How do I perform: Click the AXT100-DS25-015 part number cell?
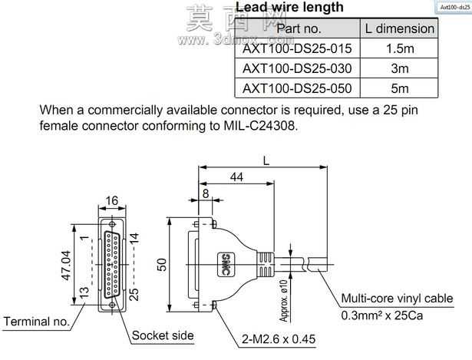click(x=297, y=48)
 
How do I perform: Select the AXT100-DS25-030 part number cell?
click(x=297, y=68)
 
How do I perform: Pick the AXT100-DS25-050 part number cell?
click(x=297, y=88)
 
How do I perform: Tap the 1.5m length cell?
click(x=400, y=48)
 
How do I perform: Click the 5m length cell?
click(x=400, y=88)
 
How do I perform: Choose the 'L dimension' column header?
click(x=399, y=28)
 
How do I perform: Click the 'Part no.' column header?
click(x=299, y=28)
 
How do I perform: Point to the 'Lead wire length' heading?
click(x=289, y=7)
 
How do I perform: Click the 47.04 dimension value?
click(x=67, y=266)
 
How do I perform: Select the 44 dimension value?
click(x=236, y=177)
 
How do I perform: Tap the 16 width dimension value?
click(x=112, y=201)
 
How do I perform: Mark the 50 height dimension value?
click(x=162, y=265)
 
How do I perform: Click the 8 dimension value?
click(x=206, y=194)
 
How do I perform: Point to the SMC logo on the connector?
click(x=226, y=265)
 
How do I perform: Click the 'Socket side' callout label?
click(x=163, y=335)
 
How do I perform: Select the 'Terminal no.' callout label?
click(x=36, y=322)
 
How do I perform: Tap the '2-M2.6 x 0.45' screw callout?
click(x=279, y=339)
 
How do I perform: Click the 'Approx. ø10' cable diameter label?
click(x=284, y=301)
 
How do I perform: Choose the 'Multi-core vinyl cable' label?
click(x=397, y=299)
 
